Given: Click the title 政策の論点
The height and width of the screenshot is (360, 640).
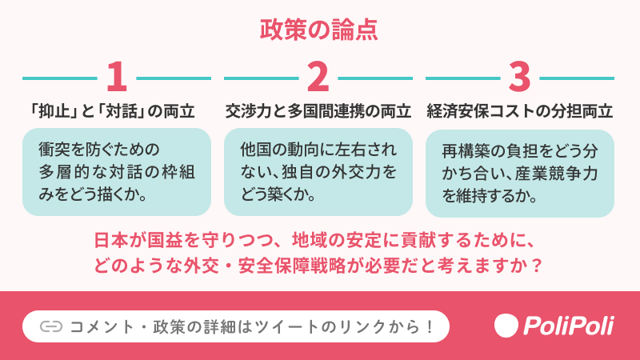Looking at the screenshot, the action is [x=319, y=30].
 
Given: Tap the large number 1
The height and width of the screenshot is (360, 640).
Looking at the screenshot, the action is [x=117, y=78].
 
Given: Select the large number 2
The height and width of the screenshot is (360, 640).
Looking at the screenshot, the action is [x=318, y=78].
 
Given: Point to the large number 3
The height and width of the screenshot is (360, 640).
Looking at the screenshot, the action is [x=520, y=78].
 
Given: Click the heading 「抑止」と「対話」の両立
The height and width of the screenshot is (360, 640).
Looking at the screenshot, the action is [x=117, y=111].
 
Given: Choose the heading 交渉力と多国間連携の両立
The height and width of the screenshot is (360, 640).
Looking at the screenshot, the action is [x=318, y=111].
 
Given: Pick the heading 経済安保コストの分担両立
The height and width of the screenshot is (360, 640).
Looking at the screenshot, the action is [x=520, y=111].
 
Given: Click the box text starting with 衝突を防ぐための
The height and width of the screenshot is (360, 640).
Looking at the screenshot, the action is [x=117, y=171].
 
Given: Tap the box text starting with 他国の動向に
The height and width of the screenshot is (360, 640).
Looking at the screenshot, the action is [x=318, y=171].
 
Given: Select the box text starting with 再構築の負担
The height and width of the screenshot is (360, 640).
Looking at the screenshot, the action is [x=520, y=172].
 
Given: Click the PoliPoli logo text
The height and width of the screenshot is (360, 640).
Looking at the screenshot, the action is [x=568, y=326].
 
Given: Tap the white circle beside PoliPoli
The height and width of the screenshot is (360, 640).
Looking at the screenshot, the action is [x=506, y=326].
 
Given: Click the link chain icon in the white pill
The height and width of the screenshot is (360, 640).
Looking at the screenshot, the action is [x=50, y=326].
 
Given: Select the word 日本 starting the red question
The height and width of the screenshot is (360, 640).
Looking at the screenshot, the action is [x=107, y=240].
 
